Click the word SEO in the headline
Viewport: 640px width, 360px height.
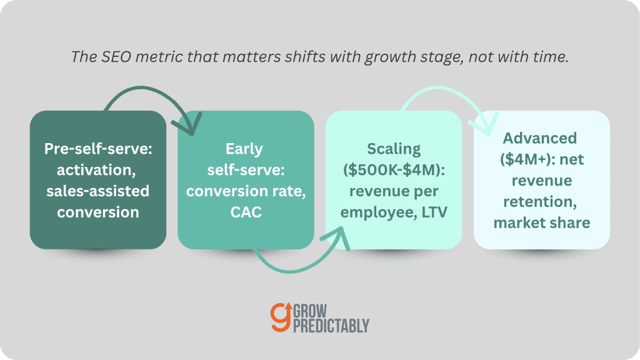116,57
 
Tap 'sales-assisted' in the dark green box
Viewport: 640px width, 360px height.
98,191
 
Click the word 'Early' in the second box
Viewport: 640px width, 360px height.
244,149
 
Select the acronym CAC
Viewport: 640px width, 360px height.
246,212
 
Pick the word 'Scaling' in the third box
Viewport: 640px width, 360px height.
394,149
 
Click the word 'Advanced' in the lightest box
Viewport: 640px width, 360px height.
539,138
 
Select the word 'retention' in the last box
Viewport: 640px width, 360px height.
540,202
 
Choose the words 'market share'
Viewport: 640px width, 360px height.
542,223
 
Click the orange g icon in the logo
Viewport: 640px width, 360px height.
281,317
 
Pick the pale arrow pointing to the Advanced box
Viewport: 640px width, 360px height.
439,87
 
